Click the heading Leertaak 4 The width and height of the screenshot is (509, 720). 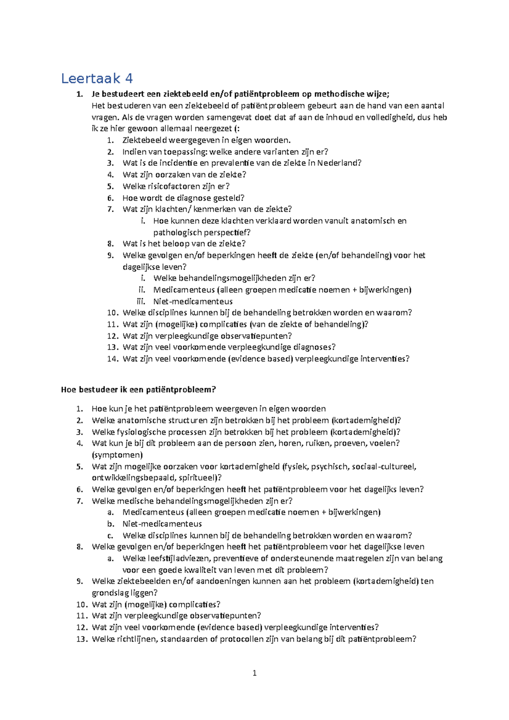[97, 78]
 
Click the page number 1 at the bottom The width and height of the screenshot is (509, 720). [255, 673]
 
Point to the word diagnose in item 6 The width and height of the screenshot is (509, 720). [197, 198]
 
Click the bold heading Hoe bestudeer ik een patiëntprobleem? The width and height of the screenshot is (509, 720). [139, 389]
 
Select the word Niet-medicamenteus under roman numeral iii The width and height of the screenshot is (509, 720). [193, 301]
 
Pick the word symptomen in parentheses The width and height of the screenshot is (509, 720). [117, 455]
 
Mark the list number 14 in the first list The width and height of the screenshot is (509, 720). [112, 359]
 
